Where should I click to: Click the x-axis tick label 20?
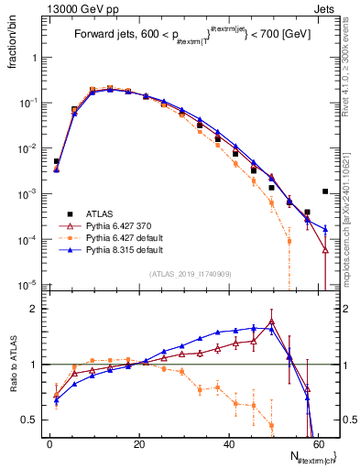point(139,442)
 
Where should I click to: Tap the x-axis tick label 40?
point(228,442)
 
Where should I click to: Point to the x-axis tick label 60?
point(317,442)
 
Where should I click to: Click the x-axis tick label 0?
point(49,442)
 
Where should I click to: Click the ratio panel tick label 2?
point(32,310)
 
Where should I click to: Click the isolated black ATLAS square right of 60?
point(325,191)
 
